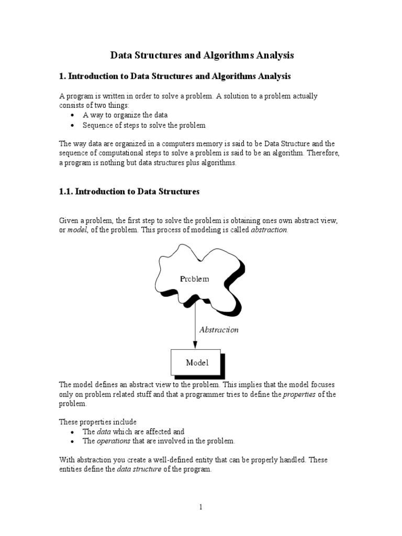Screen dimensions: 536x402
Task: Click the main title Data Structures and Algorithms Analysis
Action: [202, 55]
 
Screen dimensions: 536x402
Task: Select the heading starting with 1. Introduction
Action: [175, 76]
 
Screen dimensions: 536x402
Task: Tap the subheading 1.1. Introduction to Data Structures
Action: [129, 192]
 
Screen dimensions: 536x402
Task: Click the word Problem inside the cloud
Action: [194, 279]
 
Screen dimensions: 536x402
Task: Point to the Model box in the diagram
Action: [197, 362]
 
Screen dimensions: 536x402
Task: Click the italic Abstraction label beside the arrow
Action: [219, 330]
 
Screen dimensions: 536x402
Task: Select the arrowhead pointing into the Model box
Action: [195, 344]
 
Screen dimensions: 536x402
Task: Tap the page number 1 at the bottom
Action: [200, 507]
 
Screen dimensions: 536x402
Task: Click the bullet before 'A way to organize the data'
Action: [72, 115]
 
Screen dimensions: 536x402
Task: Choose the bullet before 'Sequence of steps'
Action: [72, 126]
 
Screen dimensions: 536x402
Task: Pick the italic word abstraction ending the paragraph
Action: [269, 231]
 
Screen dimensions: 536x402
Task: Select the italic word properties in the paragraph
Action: [299, 394]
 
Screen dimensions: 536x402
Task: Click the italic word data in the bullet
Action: [103, 432]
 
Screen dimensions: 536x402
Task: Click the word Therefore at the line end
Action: [324, 153]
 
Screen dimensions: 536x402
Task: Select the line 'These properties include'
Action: [97, 422]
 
